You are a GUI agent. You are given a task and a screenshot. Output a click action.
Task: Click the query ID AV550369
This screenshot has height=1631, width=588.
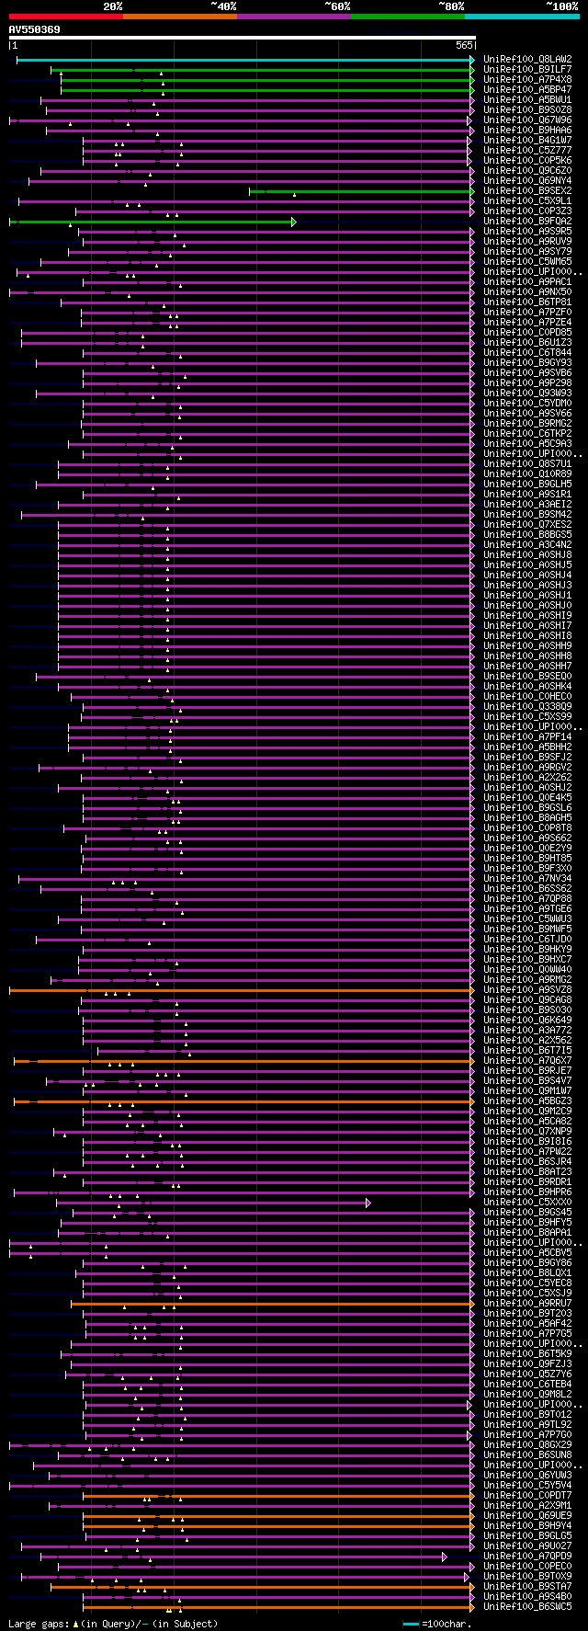[35, 29]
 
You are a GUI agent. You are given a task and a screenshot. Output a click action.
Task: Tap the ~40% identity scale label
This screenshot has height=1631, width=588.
[223, 6]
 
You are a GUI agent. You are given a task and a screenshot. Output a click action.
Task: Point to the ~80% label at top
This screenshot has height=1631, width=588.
[451, 6]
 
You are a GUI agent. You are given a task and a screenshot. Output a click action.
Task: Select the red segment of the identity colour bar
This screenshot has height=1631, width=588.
[65, 16]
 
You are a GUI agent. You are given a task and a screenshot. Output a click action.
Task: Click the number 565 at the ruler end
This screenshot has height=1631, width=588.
[463, 45]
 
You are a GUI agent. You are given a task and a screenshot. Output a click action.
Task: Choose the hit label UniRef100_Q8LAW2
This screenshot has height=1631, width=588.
[527, 59]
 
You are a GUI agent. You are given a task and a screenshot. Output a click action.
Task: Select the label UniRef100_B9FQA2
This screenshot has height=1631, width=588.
[527, 221]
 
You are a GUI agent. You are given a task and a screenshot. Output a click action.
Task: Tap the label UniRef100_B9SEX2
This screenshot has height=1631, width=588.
[527, 190]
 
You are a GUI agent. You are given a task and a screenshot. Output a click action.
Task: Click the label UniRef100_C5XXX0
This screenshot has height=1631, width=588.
[527, 1202]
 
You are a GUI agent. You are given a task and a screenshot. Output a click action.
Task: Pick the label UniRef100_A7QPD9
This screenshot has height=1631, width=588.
[527, 1556]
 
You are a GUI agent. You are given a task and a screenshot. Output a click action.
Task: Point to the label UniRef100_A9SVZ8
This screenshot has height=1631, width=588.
[527, 989]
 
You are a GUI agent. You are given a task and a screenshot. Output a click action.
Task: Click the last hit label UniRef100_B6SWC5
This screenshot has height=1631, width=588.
[527, 1606]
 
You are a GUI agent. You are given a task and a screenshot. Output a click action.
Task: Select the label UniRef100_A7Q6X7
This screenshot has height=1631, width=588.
[527, 1060]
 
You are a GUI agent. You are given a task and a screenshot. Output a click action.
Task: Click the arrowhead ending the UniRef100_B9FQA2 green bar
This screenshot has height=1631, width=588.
[293, 222]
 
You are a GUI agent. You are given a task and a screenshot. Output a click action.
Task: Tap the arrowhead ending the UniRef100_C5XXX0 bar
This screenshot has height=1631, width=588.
[367, 1202]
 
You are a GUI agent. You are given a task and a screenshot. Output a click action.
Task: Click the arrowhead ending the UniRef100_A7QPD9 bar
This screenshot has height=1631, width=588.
[444, 1557]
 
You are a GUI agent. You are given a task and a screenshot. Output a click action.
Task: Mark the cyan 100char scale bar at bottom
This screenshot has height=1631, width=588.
[411, 1624]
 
